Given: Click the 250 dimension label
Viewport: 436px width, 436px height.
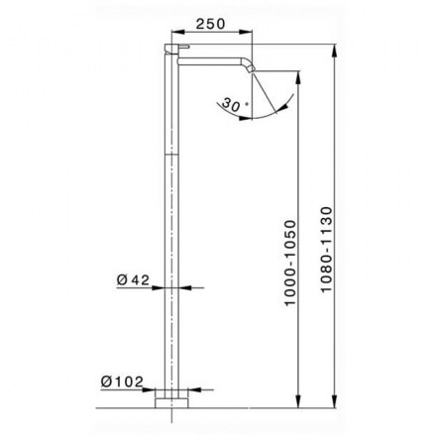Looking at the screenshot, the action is (210, 24).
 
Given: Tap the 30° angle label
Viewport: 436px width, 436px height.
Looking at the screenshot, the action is (235, 104).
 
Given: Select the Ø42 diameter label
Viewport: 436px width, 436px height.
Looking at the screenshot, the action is (133, 280).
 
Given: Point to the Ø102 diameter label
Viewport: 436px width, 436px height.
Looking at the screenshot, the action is (122, 381).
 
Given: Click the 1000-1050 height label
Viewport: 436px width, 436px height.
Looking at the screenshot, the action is (290, 264).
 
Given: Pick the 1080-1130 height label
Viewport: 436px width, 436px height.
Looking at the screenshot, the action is (326, 250).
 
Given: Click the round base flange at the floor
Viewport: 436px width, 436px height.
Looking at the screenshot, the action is (171, 403).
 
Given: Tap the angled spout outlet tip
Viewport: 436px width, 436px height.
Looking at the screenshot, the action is (252, 68).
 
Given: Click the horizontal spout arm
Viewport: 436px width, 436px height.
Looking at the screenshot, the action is (211, 61).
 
